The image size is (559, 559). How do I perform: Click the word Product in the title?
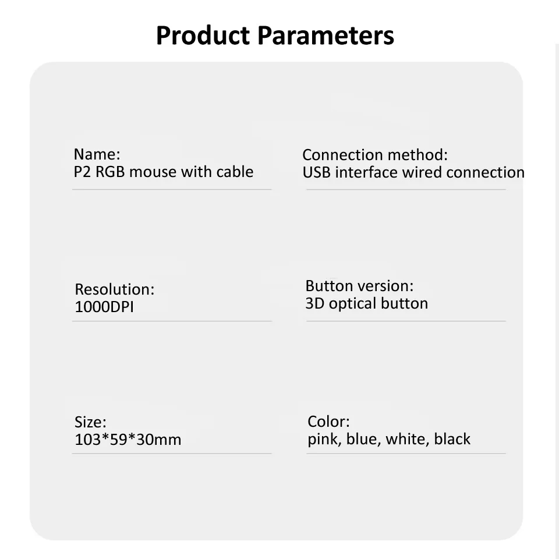203,36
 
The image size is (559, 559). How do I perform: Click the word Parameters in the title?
326,36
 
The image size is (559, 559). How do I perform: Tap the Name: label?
97,154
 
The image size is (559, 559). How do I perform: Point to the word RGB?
110,172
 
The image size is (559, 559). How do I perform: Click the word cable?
235,171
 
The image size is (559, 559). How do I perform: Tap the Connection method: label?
375,155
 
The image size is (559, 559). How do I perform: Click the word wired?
422,172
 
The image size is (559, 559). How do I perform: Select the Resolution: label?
115,289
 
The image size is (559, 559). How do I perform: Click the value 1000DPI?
104,307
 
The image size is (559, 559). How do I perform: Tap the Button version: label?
359,286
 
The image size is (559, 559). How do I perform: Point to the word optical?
353,304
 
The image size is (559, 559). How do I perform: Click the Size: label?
91,422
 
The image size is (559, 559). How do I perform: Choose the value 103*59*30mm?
128,440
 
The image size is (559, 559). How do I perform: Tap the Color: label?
328,422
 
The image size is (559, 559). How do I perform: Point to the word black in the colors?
452,439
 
